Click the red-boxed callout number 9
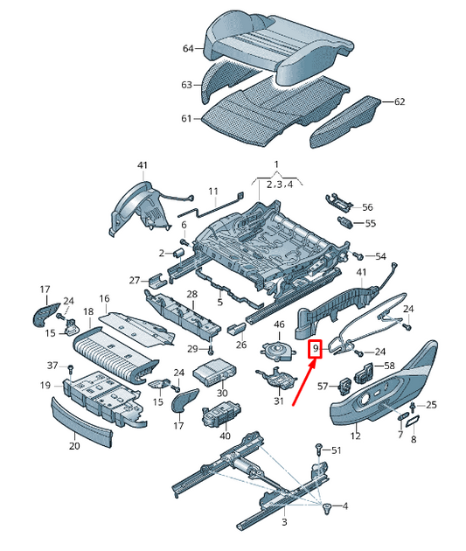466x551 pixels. click(316, 349)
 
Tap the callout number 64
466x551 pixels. click(188, 48)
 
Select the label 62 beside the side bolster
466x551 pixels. click(400, 101)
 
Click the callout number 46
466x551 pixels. click(279, 324)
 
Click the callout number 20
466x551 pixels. click(74, 445)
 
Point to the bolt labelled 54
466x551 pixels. click(358, 255)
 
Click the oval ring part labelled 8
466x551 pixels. click(413, 422)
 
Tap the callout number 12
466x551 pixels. click(355, 436)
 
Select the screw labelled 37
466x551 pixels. click(71, 369)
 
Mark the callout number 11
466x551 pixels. click(213, 192)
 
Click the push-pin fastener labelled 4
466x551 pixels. click(327, 507)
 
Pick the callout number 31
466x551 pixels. click(279, 401)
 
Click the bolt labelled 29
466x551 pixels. click(211, 350)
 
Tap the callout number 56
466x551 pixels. click(367, 207)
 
